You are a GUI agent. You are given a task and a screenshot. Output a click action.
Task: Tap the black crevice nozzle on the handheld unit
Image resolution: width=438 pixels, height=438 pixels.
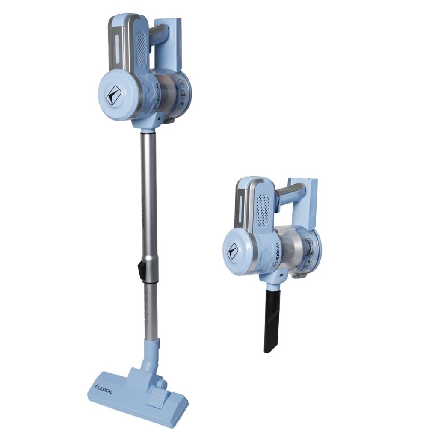(272, 319)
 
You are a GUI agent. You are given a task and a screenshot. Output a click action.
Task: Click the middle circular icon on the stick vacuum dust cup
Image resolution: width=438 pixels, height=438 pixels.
(182, 93)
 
